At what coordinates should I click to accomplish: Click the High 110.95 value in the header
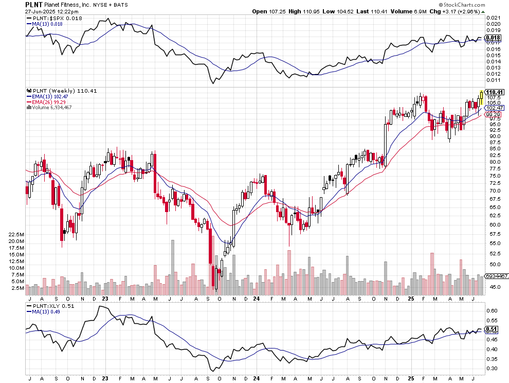308,11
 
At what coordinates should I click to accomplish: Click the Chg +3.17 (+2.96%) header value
457,11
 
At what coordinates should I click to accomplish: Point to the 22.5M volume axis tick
16,234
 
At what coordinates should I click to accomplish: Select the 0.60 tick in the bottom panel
493,310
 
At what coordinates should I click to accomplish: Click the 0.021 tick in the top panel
493,18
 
